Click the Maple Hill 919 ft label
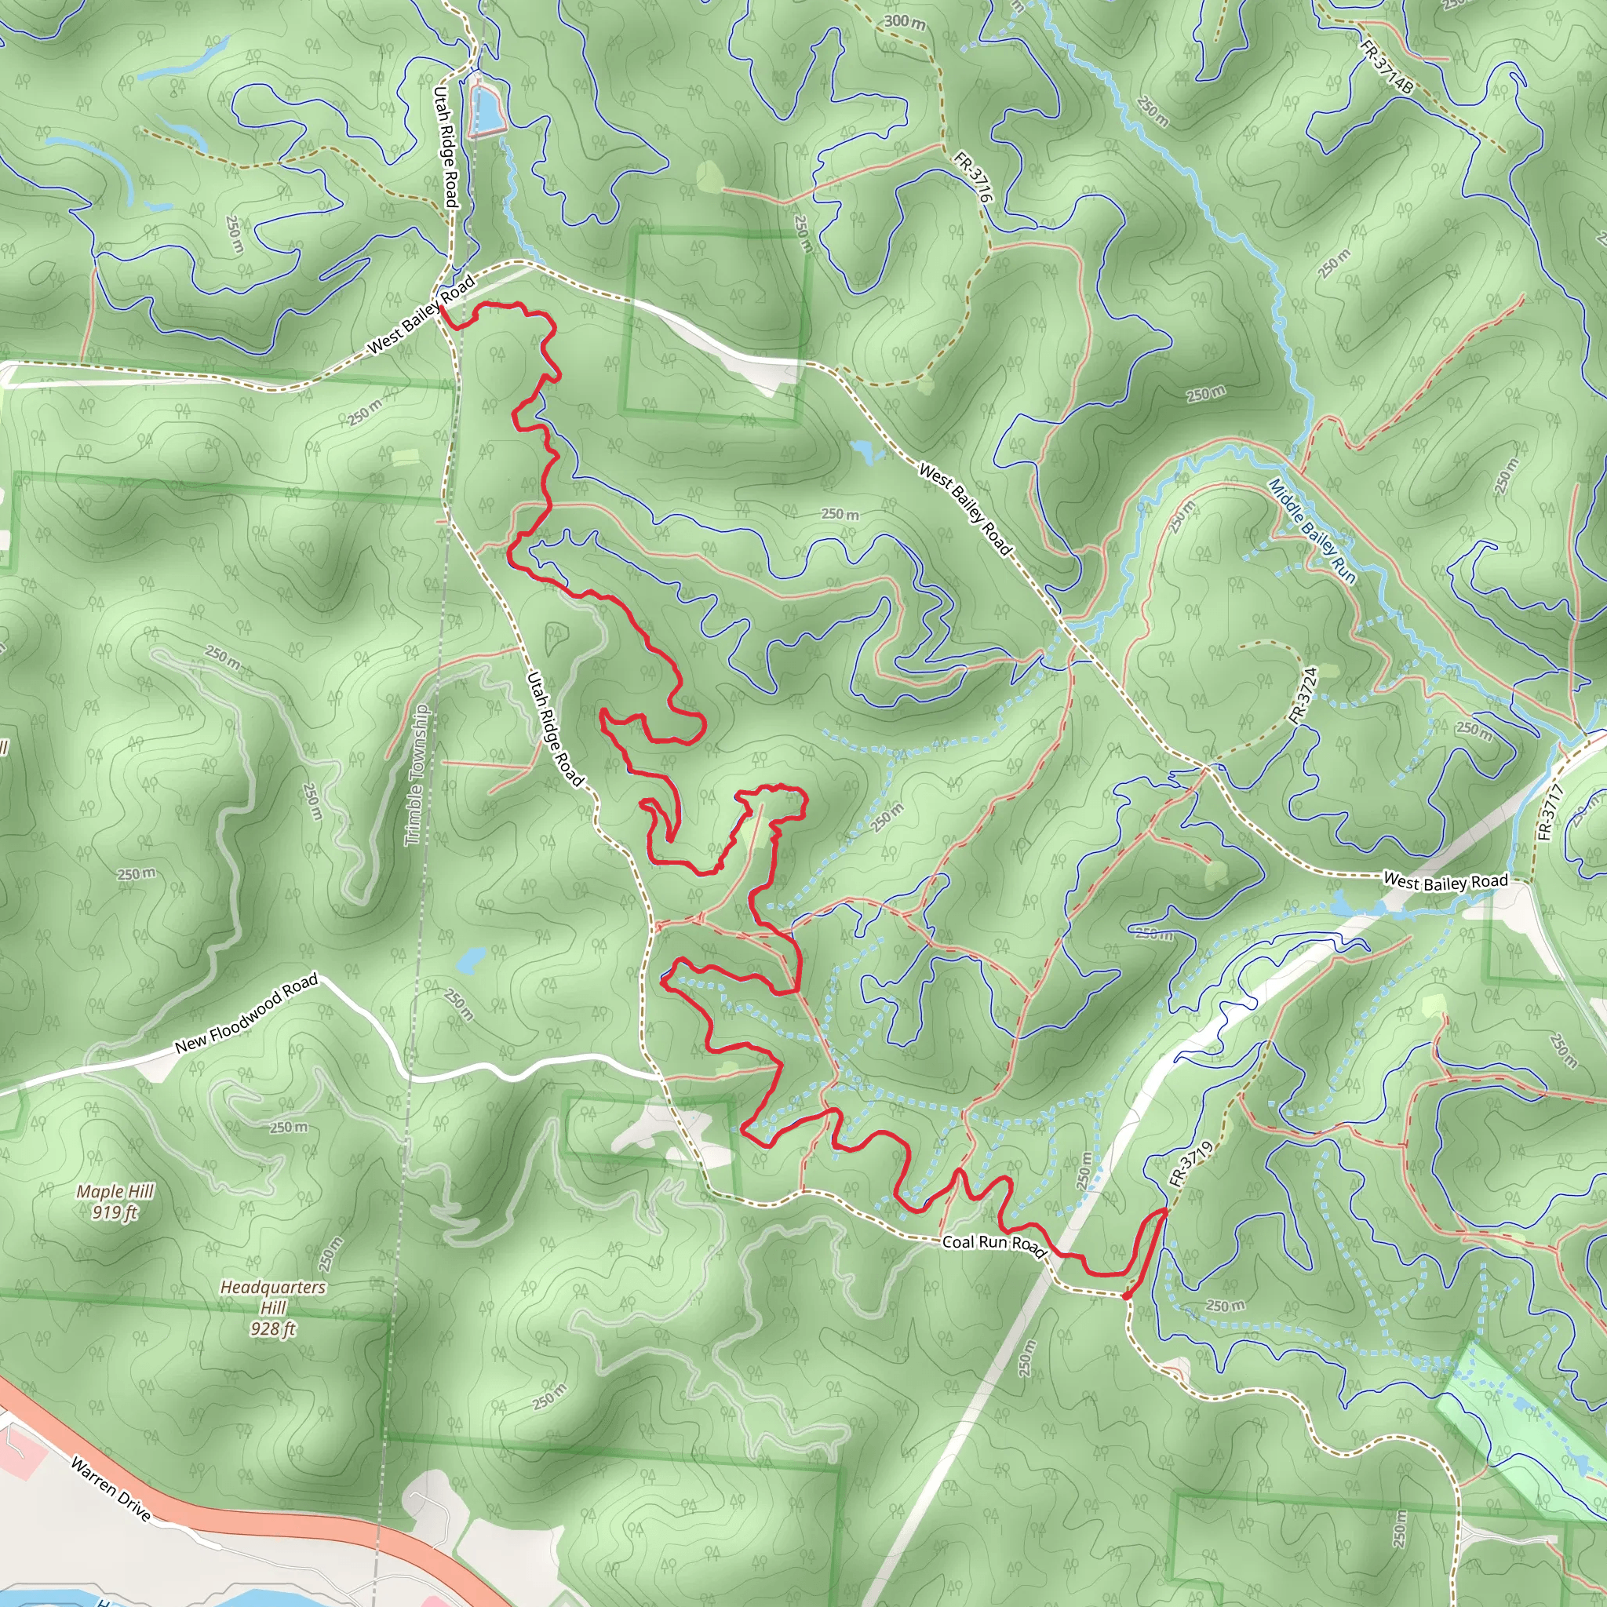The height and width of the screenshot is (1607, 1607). pyautogui.click(x=115, y=1202)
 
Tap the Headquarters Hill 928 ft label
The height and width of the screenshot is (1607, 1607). pyautogui.click(x=273, y=1307)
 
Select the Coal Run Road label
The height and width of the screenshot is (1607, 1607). pyautogui.click(x=994, y=1244)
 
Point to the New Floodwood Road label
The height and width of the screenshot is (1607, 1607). pyautogui.click(x=246, y=1014)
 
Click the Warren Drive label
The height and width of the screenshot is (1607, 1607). pyautogui.click(x=111, y=1489)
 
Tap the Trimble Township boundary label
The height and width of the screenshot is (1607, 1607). pyautogui.click(x=417, y=775)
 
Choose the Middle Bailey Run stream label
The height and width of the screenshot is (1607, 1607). pyautogui.click(x=1312, y=530)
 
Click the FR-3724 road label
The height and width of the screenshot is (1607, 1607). pyautogui.click(x=1304, y=695)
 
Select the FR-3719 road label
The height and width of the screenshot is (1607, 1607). pyautogui.click(x=1191, y=1164)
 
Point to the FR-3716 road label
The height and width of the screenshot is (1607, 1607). pyautogui.click(x=974, y=177)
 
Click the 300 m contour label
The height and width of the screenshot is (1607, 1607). pyautogui.click(x=904, y=21)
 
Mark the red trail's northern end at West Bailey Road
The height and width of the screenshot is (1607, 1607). pyautogui.click(x=441, y=307)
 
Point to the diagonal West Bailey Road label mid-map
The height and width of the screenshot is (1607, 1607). pyautogui.click(x=965, y=509)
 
